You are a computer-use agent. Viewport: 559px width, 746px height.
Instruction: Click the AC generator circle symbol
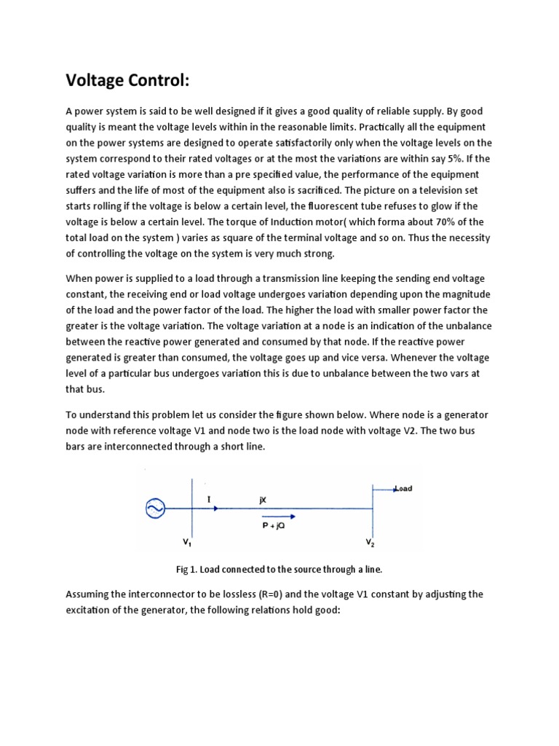point(156,509)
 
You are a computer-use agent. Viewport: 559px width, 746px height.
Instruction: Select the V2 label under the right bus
point(370,543)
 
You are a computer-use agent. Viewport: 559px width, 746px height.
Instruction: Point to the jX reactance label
point(263,500)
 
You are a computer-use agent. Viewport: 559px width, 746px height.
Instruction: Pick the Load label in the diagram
point(403,489)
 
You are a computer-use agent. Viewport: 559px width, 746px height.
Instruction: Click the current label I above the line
point(209,499)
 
